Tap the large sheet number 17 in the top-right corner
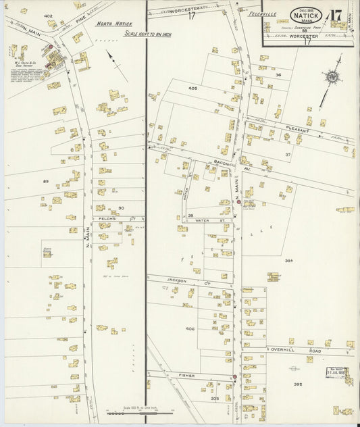[x=336, y=14]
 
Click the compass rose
[x=332, y=78]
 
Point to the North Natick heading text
[x=113, y=24]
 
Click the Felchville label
[x=262, y=14]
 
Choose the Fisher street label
[x=187, y=375]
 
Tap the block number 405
[x=192, y=89]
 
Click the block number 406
[x=190, y=328]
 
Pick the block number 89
[x=46, y=181]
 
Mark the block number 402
[x=48, y=16]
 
